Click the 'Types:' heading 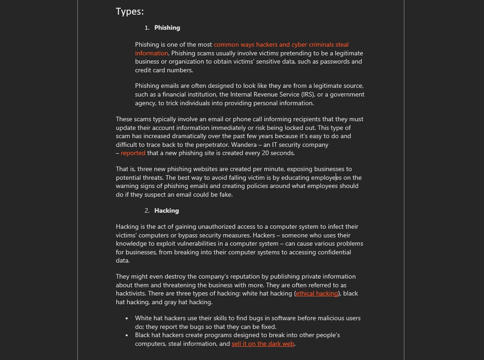[x=130, y=11]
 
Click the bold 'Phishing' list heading [x=167, y=27]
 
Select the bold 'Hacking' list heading [x=167, y=210]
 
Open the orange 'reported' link [x=133, y=153]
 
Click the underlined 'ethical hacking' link [x=317, y=294]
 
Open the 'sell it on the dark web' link [x=263, y=344]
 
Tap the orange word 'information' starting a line [x=152, y=53]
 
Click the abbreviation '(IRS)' [x=307, y=95]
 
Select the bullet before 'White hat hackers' [x=127, y=318]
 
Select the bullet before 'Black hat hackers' [x=127, y=335]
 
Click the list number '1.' [x=147, y=27]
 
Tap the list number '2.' [x=147, y=210]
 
